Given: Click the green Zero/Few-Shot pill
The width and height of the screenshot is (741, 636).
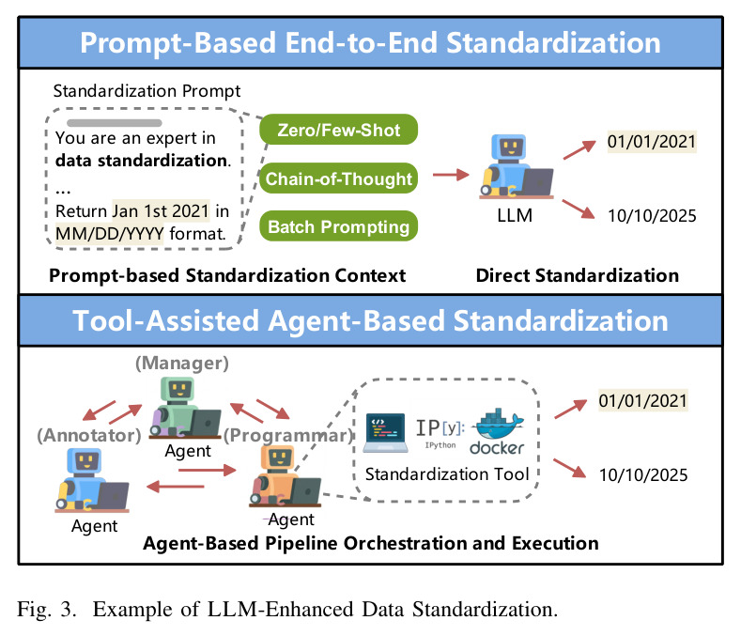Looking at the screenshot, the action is tap(338, 130).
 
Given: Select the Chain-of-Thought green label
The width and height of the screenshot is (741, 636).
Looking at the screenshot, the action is tap(338, 178).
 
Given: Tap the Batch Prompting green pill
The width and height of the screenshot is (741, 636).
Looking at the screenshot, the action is tap(338, 226).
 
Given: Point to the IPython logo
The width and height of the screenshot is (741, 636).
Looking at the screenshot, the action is tap(440, 433).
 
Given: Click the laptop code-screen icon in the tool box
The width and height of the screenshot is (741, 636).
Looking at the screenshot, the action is tap(386, 433).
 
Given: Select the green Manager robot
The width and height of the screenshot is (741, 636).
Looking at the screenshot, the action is tap(185, 408).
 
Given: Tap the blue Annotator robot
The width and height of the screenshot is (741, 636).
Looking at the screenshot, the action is tap(92, 480).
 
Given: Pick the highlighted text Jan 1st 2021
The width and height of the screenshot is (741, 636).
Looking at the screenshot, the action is tap(161, 210).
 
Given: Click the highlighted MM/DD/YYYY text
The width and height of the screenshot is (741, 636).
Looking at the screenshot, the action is tap(110, 234).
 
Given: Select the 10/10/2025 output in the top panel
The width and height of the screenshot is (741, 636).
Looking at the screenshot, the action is tap(652, 216).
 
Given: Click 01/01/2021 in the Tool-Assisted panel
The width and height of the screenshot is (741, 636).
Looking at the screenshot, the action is tap(642, 400).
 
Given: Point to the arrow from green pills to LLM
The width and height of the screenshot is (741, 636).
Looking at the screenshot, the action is tap(451, 175).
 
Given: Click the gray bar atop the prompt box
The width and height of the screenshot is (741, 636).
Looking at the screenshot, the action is tap(115, 123).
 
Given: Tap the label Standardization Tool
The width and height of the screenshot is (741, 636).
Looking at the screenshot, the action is tap(447, 473).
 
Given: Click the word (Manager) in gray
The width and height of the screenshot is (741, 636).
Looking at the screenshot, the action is tap(182, 364).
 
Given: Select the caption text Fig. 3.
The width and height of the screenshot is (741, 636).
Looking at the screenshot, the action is tap(47, 609).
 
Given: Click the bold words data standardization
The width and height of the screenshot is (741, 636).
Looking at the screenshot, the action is tap(143, 161).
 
